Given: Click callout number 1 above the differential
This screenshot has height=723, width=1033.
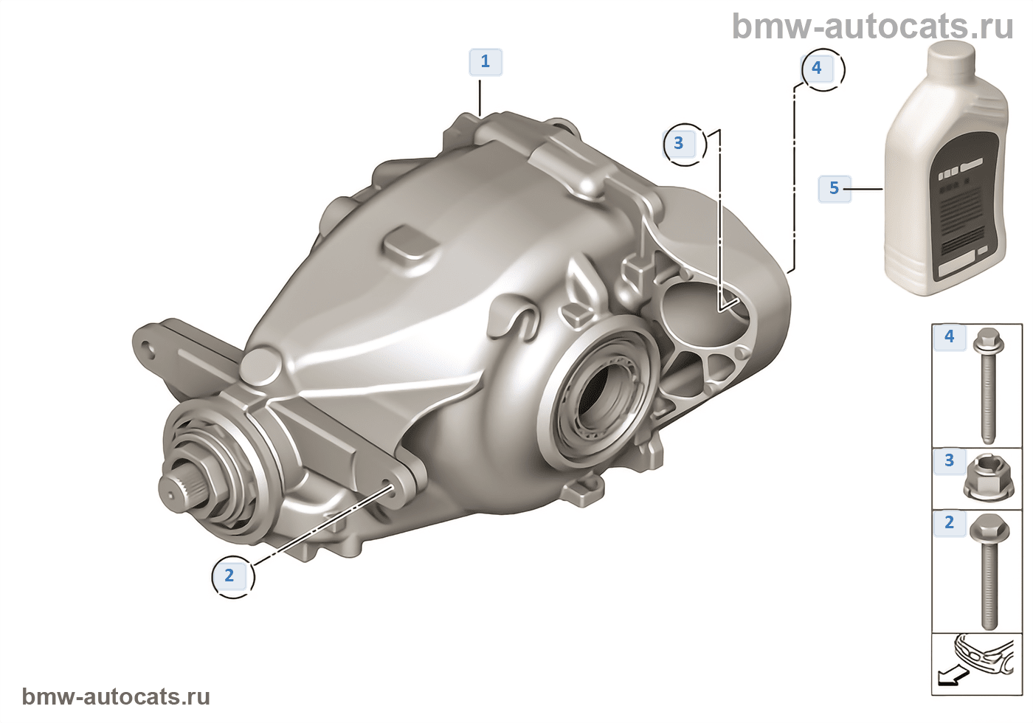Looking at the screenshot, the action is click(x=486, y=62).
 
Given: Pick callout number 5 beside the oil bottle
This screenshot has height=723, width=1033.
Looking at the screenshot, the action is click(x=835, y=188).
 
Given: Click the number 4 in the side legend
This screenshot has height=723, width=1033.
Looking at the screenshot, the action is click(x=950, y=336).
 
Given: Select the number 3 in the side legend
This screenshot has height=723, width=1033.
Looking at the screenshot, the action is click(x=950, y=460).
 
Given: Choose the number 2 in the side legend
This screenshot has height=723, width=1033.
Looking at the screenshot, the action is click(x=950, y=523).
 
